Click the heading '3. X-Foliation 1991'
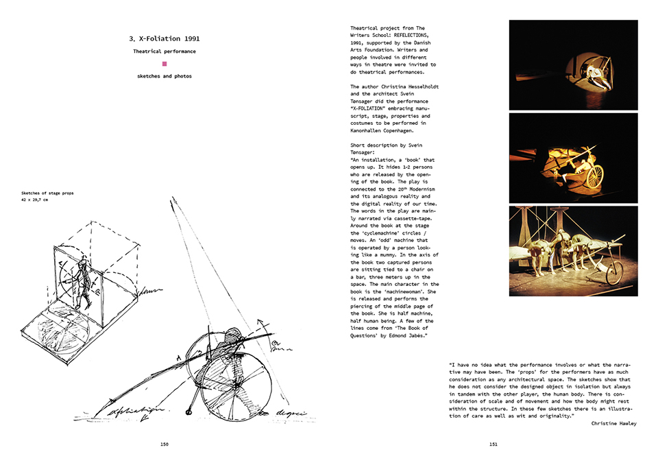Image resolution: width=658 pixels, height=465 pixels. [x=164, y=38]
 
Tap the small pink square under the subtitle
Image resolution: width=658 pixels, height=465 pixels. [x=164, y=64]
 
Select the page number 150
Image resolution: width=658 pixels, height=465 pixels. [x=164, y=444]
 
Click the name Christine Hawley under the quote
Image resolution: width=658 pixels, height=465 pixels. [x=613, y=423]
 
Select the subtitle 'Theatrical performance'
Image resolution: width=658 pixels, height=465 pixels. [x=164, y=51]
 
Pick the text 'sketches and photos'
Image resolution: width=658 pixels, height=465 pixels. [x=164, y=76]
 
